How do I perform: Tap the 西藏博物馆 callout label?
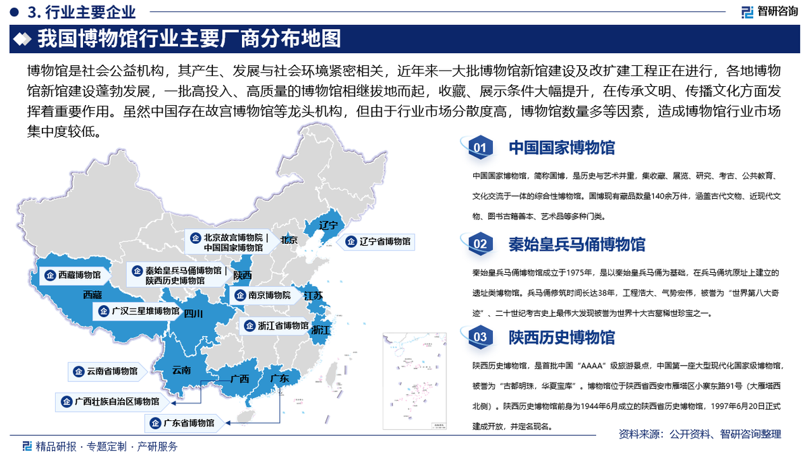pos(73,275)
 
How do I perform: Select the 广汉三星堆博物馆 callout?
pos(139,311)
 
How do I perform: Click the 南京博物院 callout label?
pos(263,295)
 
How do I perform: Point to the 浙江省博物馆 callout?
pos(276,325)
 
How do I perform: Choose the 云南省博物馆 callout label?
pos(106,371)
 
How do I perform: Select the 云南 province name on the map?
pos(181,370)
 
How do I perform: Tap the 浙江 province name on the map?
pos(321,330)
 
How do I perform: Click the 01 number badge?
pos(480,148)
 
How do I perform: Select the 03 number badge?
pos(480,337)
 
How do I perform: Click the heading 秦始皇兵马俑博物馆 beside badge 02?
pos(576,244)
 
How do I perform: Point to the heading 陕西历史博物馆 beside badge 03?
pos(562,337)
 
